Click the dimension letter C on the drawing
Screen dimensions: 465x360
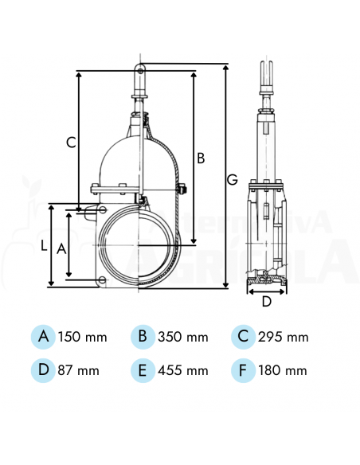(71, 143)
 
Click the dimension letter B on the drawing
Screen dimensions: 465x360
(201, 158)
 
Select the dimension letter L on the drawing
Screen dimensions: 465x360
(44, 246)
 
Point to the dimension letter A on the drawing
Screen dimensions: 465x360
(61, 248)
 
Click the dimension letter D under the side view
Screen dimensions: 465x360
(266, 301)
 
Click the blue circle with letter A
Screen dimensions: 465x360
(44, 337)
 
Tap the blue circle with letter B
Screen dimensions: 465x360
(143, 337)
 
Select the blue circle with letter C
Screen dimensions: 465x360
(243, 337)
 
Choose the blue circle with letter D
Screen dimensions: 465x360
(44, 369)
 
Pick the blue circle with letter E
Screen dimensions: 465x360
(143, 369)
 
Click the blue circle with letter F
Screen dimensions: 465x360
(243, 369)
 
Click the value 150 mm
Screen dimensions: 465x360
(83, 337)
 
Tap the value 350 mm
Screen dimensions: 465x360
(183, 337)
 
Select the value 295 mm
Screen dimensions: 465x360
(284, 337)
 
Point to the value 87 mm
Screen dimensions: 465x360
(79, 370)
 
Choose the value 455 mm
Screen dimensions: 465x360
(183, 370)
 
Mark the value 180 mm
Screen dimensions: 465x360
(283, 370)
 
